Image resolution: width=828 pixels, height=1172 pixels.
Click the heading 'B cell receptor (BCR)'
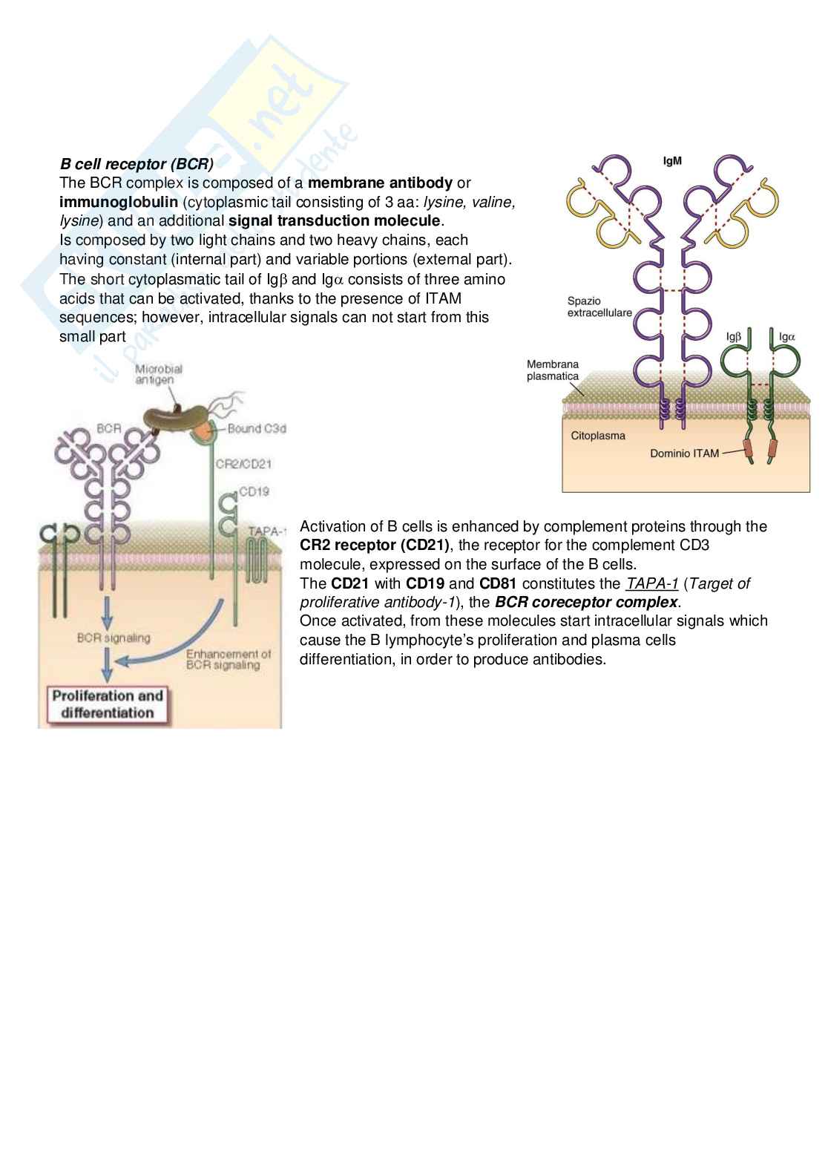coord(137,163)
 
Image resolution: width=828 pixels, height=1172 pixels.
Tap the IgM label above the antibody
coord(672,161)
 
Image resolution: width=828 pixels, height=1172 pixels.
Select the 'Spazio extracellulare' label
coord(599,307)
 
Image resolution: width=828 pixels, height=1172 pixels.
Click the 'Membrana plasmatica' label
coord(553,370)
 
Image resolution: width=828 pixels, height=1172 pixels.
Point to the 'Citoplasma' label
coord(597,436)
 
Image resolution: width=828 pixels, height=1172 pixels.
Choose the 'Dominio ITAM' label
coord(684,453)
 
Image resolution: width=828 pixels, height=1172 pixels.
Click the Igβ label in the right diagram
coord(734,336)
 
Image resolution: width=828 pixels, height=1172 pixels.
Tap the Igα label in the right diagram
coord(787,336)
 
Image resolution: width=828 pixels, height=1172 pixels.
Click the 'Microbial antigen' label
coord(158,374)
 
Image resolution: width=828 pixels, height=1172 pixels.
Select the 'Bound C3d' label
coord(257,428)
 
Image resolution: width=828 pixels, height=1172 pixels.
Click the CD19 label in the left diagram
coord(254,491)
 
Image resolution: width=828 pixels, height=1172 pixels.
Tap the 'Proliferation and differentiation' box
coord(108,704)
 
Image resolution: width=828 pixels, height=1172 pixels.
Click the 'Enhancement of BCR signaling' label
coord(229,659)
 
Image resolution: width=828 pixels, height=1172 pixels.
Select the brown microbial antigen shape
coord(169,423)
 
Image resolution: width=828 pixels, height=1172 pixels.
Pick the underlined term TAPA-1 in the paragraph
coord(652,583)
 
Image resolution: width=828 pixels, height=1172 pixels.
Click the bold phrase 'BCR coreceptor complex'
coord(586,602)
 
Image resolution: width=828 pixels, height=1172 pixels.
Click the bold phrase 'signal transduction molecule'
coord(335,220)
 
